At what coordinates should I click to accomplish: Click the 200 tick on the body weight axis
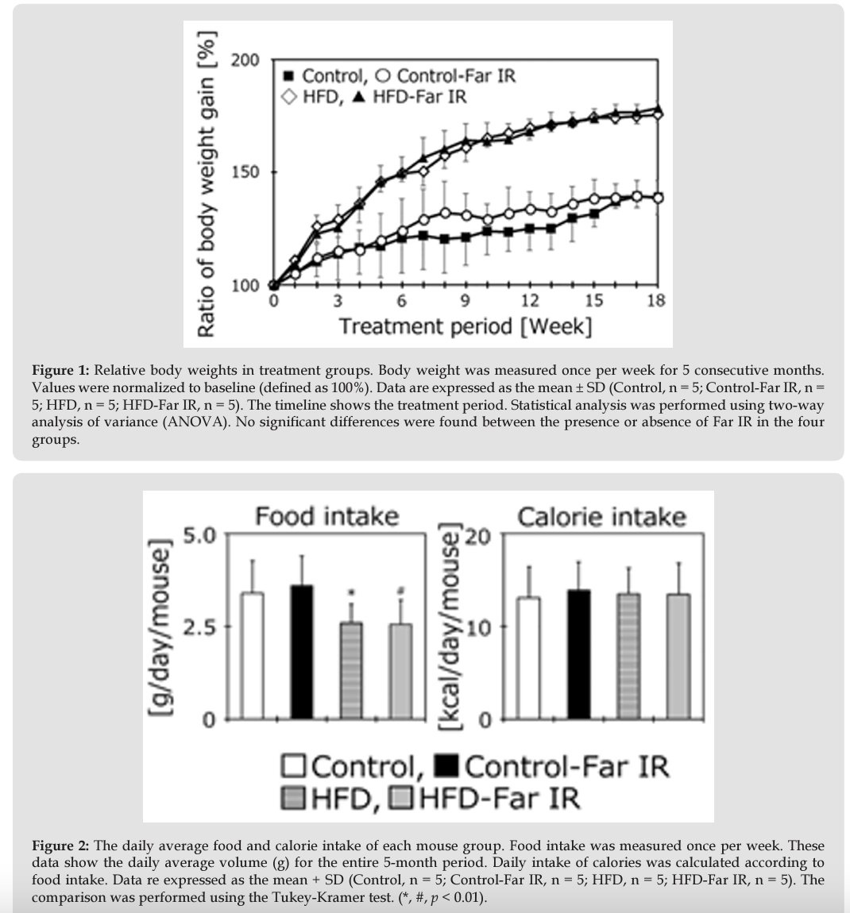(x=245, y=60)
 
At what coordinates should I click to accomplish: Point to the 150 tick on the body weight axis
(x=245, y=172)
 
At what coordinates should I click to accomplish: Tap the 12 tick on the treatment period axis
(x=529, y=302)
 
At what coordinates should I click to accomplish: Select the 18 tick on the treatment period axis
(x=656, y=302)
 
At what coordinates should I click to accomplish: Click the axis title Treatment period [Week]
(x=465, y=326)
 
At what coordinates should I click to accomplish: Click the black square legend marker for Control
(x=289, y=76)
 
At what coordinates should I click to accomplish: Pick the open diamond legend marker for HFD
(x=290, y=97)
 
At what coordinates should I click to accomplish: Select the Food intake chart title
(x=326, y=517)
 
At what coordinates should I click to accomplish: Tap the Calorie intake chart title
(x=601, y=517)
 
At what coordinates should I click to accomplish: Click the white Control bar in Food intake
(x=253, y=656)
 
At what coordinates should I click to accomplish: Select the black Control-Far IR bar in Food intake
(x=302, y=652)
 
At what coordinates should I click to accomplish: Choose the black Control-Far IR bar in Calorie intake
(x=578, y=654)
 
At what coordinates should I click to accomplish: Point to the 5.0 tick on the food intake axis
(x=199, y=535)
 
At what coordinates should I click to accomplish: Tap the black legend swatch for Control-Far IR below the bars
(x=449, y=767)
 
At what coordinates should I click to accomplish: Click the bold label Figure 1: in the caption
(x=60, y=371)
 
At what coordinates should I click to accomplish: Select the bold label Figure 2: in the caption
(x=60, y=846)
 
